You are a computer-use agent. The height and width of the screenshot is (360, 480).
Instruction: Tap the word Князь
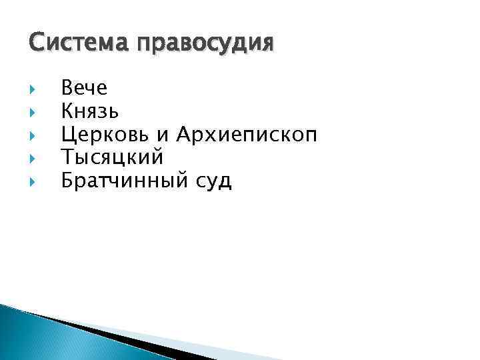[x=90, y=111]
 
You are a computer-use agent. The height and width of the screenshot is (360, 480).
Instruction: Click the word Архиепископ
[x=247, y=135]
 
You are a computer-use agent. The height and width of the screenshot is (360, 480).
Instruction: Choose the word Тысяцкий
[x=112, y=157]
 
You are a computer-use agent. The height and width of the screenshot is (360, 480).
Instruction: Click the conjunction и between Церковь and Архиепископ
[x=163, y=136]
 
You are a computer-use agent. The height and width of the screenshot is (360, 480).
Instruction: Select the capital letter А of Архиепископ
[x=184, y=134]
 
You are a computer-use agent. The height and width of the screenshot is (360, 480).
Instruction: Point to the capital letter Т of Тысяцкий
[x=67, y=157]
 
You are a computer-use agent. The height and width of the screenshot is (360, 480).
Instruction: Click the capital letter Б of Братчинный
[x=67, y=180]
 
